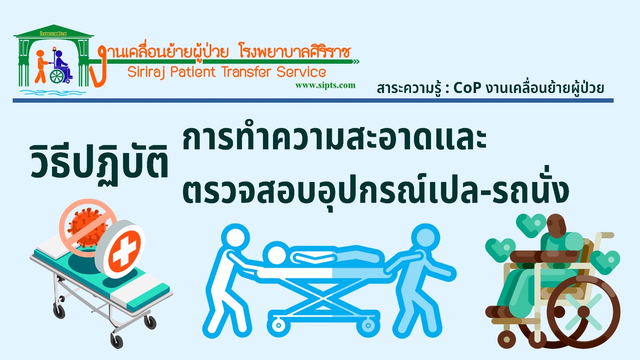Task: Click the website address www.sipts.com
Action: coord(325,85)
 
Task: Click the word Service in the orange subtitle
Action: coord(301,72)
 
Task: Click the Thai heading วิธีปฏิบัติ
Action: coord(99,163)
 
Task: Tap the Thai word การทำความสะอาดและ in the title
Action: coord(334,139)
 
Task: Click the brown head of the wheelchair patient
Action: coord(556,226)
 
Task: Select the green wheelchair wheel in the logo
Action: coord(57,76)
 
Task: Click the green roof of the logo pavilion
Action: coord(54,31)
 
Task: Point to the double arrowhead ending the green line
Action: coord(356,62)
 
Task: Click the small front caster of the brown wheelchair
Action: coord(507,339)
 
